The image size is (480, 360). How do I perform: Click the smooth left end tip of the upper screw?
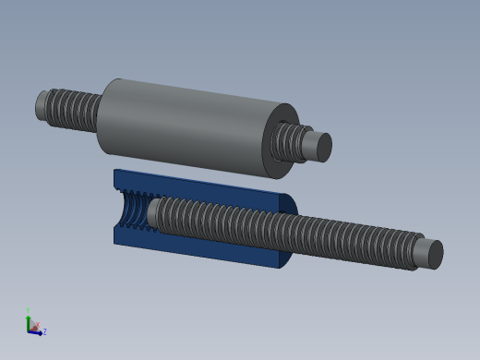coord(42,104)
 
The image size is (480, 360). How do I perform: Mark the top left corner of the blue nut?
coord(115,171)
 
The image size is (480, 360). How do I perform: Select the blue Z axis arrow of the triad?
coord(37,331)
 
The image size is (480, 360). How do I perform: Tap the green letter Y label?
coord(29,310)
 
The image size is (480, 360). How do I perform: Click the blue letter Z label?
coord(44,331)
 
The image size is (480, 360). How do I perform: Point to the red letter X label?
coord(34,326)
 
